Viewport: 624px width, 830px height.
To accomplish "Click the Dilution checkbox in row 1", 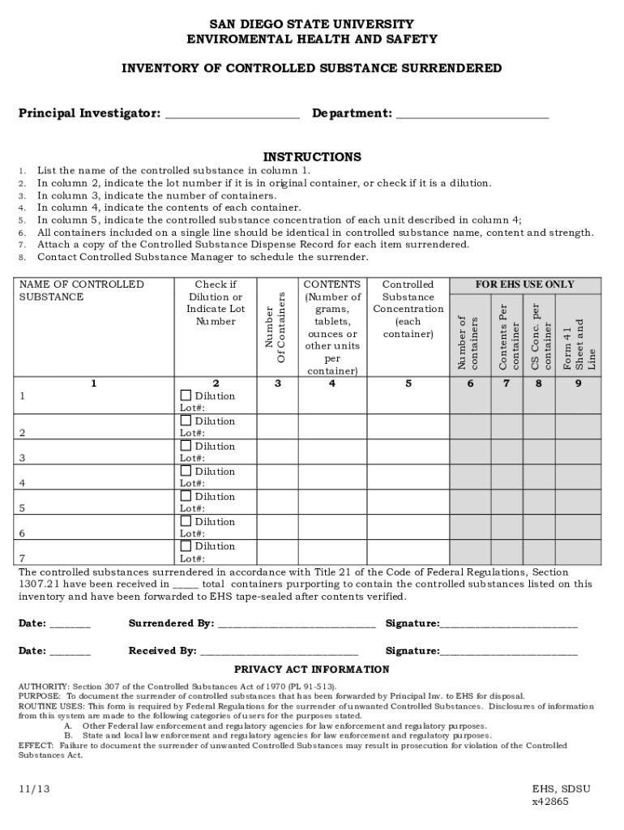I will pyautogui.click(x=186, y=396).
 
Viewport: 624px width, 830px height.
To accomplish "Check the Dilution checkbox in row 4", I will pyautogui.click(x=186, y=471).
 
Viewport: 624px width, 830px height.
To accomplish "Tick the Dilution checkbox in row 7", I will pyautogui.click(x=186, y=546).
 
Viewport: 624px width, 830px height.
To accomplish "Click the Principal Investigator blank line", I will pyautogui.click(x=232, y=114).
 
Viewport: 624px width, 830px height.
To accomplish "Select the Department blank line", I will pyautogui.click(x=472, y=114).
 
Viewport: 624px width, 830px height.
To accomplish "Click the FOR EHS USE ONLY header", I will pyautogui.click(x=525, y=285).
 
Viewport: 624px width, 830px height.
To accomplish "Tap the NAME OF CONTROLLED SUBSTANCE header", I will pyautogui.click(x=81, y=290).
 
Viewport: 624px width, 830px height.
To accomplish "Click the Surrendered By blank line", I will pyautogui.click(x=296, y=624).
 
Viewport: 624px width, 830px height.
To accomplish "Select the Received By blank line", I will pyautogui.click(x=279, y=652).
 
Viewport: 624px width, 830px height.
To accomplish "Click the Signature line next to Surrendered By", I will pyautogui.click(x=508, y=624).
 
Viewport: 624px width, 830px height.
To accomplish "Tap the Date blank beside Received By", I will pyautogui.click(x=70, y=652).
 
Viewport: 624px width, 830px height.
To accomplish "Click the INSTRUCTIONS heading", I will pyautogui.click(x=312, y=156).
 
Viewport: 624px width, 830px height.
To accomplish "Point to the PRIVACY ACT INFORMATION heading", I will pyautogui.click(x=312, y=670).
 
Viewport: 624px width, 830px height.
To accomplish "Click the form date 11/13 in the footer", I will pyautogui.click(x=32, y=788).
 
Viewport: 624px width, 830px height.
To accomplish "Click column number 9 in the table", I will pyautogui.click(x=579, y=383).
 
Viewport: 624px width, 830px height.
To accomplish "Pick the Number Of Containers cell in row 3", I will pyautogui.click(x=278, y=451).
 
